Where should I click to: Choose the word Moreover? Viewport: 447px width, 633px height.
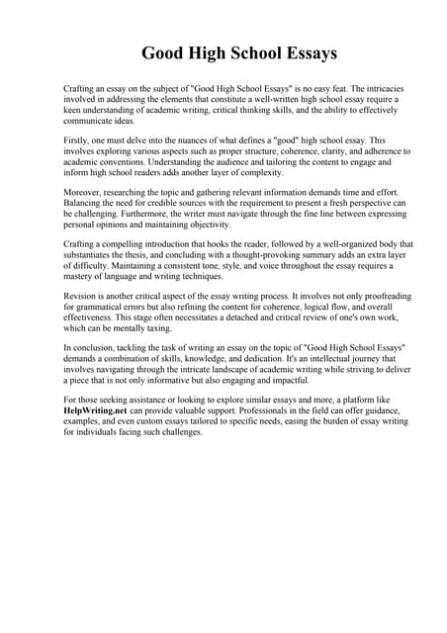tap(83, 196)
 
